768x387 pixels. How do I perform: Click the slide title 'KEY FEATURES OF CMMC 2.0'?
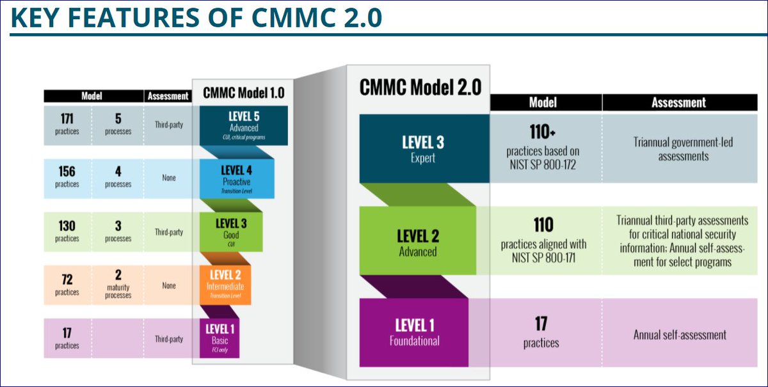coord(196,18)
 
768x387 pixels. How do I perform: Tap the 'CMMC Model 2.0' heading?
coord(420,86)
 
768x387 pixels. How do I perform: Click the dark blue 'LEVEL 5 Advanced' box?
coord(243,125)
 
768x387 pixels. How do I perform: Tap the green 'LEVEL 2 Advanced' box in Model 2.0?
coord(417,242)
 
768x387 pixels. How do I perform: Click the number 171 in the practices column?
coord(67,119)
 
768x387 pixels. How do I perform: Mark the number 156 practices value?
coord(67,171)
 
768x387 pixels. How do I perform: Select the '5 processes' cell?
coord(118,124)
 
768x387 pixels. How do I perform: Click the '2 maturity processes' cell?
coord(118,285)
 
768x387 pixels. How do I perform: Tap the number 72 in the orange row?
coord(67,280)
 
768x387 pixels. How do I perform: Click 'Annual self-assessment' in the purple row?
coord(680,335)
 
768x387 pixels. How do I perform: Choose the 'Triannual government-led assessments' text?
coord(684,148)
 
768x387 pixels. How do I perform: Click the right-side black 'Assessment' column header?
coord(678,102)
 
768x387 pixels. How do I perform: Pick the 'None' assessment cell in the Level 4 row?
coord(169,178)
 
